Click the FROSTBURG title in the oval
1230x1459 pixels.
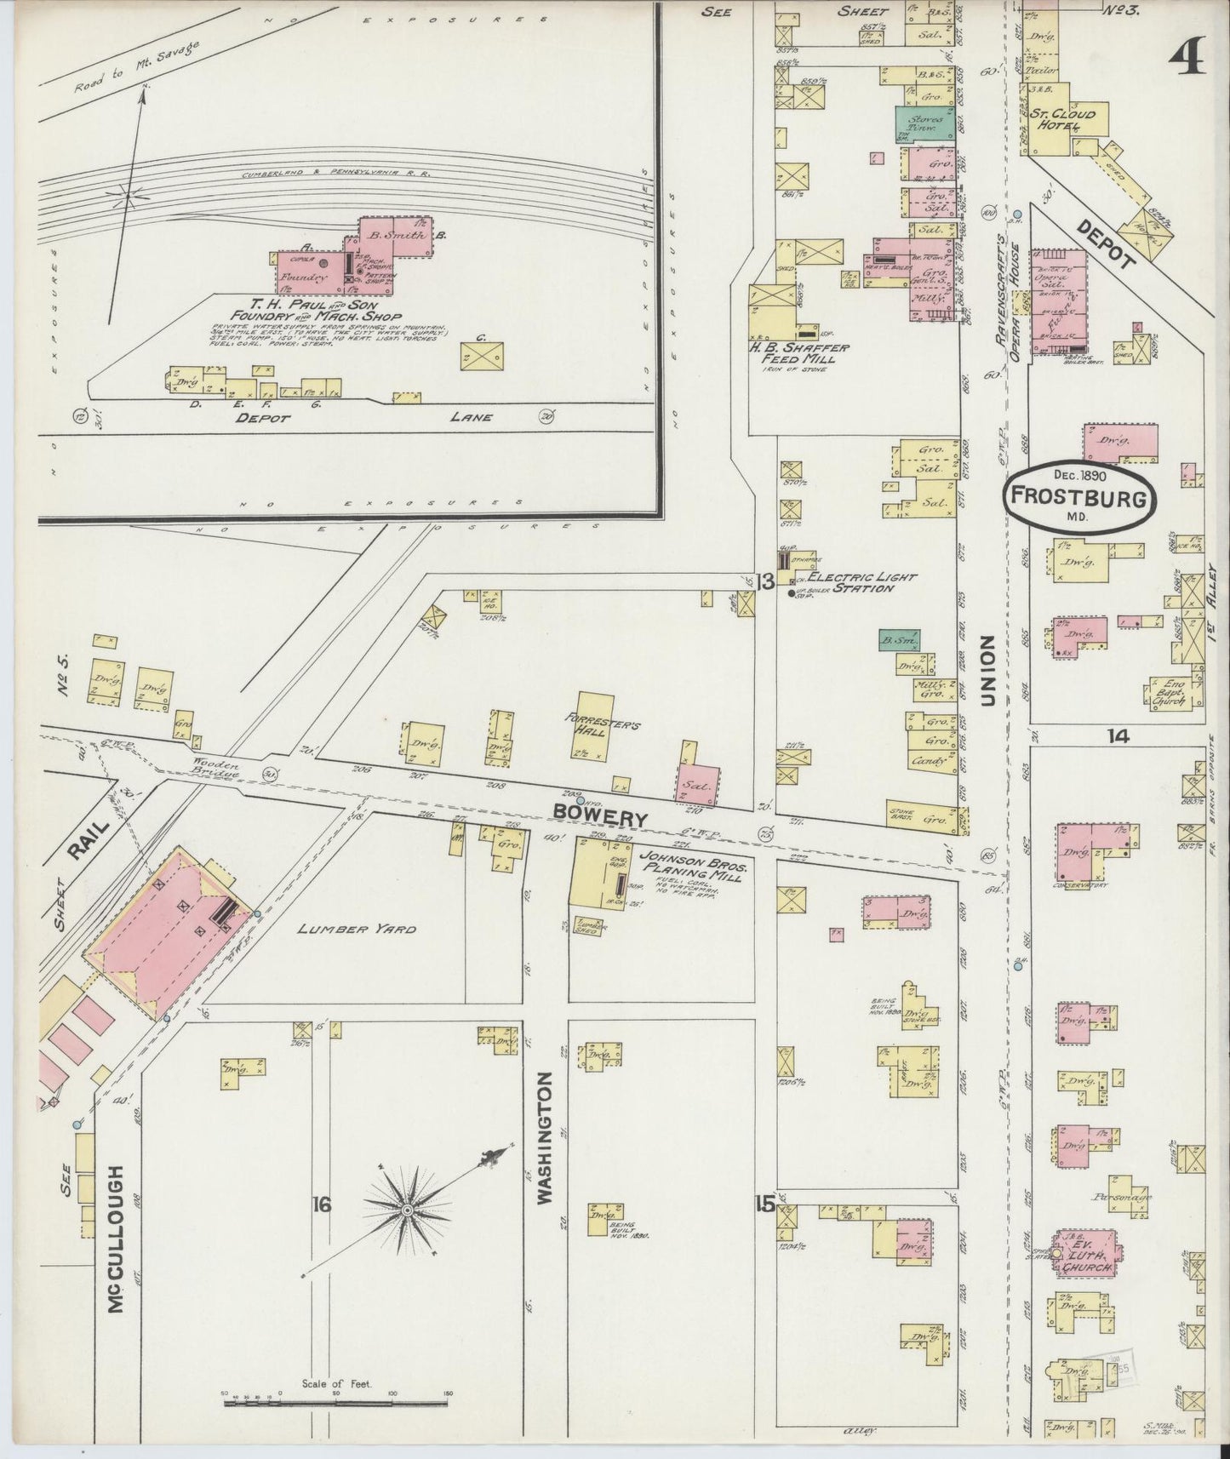tap(1078, 499)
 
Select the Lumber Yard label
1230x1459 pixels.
tap(357, 929)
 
